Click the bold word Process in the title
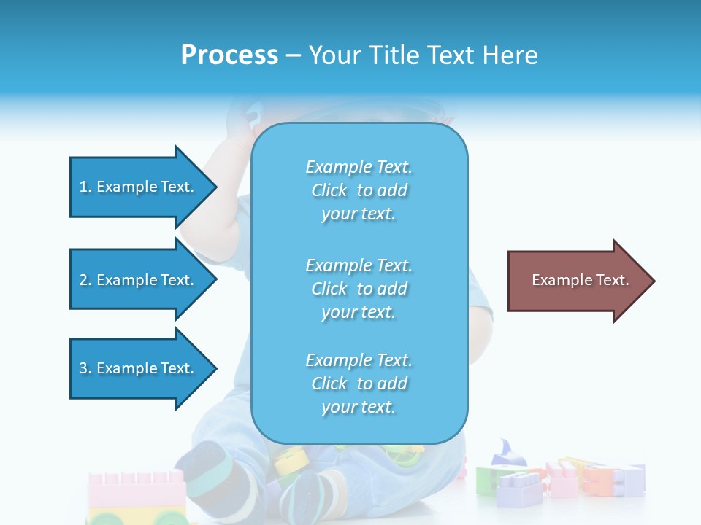click(229, 55)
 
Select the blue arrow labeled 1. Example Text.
click(139, 187)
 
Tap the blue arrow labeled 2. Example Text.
click(139, 280)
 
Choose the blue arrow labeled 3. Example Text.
click(139, 368)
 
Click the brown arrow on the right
click(577, 281)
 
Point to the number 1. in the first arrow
click(85, 187)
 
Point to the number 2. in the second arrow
click(85, 280)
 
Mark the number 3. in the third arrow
click(85, 368)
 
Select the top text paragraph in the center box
click(359, 190)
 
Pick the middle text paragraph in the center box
click(359, 289)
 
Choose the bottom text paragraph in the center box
click(359, 384)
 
